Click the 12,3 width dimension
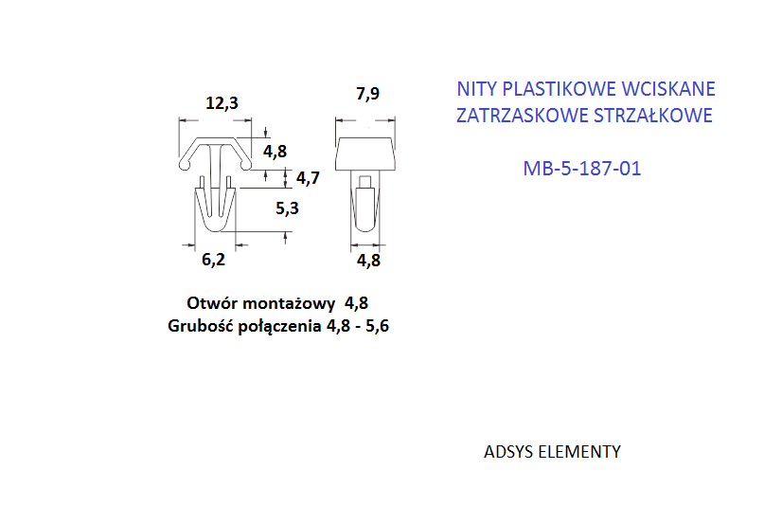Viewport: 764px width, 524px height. coord(222,103)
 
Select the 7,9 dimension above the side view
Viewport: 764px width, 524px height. coord(368,93)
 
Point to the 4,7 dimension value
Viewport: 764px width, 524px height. coord(308,178)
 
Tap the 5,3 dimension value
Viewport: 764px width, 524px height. coord(287,208)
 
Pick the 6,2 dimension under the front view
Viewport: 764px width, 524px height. coord(213,260)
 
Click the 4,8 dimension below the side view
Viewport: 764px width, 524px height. coord(369,261)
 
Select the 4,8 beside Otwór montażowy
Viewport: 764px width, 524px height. coord(357,303)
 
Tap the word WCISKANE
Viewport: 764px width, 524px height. coord(669,89)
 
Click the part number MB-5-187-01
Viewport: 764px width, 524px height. coord(582,169)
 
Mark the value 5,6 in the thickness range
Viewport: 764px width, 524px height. coord(377,326)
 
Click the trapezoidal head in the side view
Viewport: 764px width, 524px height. coord(364,154)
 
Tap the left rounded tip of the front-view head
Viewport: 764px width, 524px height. coord(185,165)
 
